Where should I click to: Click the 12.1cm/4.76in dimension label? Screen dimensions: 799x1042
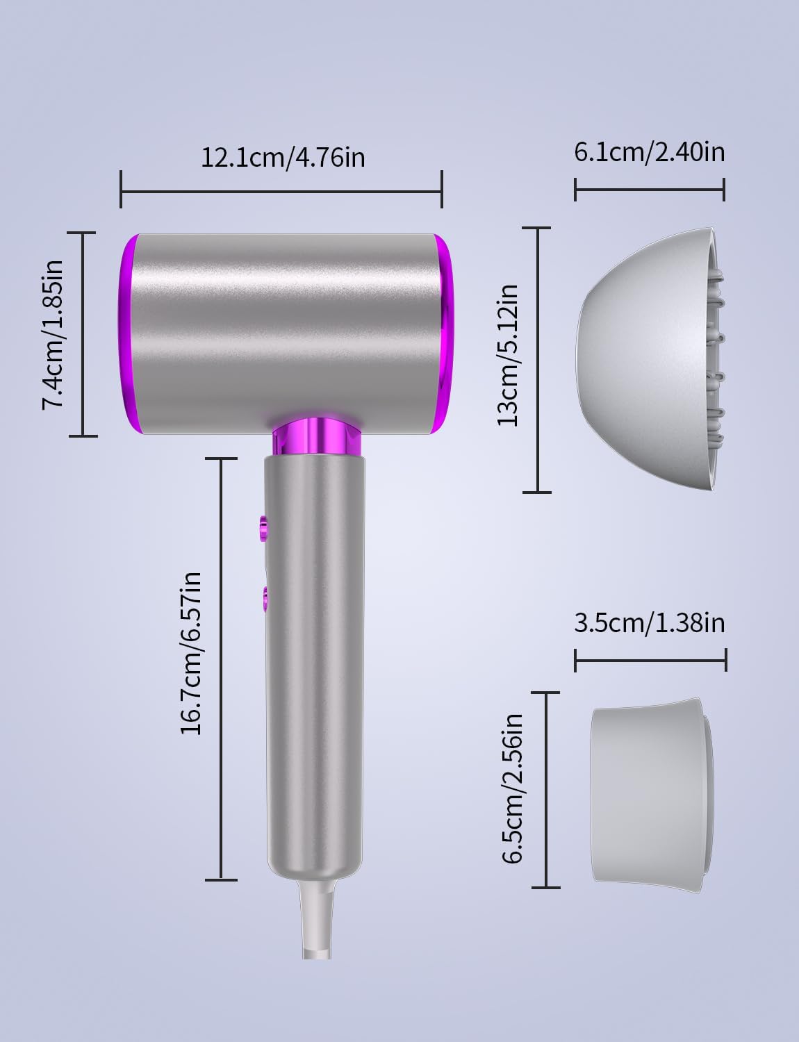point(283,158)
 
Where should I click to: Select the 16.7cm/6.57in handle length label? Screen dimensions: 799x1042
point(191,654)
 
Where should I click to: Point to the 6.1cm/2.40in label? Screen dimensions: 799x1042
point(650,152)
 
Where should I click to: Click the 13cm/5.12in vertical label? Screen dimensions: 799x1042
point(507,356)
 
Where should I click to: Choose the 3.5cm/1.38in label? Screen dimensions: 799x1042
point(650,623)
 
